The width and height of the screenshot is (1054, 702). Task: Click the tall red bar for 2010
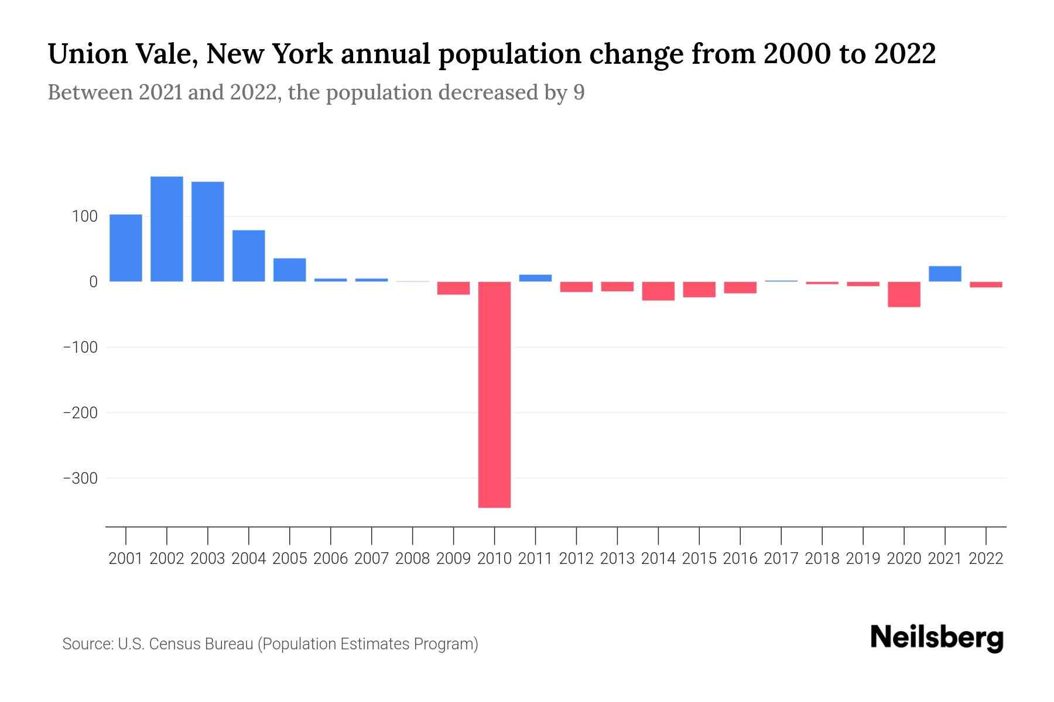click(x=494, y=394)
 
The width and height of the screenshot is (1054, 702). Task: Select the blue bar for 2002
click(x=167, y=229)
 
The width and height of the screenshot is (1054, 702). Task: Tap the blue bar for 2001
click(x=126, y=248)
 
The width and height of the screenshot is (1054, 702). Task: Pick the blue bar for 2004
click(x=249, y=256)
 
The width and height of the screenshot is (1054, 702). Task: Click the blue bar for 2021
click(x=945, y=274)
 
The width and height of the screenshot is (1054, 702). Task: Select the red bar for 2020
click(x=904, y=294)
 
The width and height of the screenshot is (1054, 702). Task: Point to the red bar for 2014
click(x=658, y=291)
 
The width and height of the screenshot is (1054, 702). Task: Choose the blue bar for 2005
click(x=290, y=270)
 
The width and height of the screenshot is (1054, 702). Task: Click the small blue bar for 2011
click(x=535, y=278)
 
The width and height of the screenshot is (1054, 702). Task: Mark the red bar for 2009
click(x=453, y=288)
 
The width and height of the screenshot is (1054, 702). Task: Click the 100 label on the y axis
click(x=85, y=216)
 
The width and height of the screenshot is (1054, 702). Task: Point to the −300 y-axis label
click(x=80, y=479)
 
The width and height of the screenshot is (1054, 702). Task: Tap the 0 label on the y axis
click(x=93, y=282)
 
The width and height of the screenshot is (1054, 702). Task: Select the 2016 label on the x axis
click(x=740, y=559)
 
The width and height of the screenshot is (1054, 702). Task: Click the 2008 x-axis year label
click(x=412, y=559)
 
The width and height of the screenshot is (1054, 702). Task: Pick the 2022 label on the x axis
click(x=986, y=559)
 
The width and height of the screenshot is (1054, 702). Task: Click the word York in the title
click(x=303, y=54)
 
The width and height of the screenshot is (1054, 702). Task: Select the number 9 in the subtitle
click(x=579, y=92)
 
